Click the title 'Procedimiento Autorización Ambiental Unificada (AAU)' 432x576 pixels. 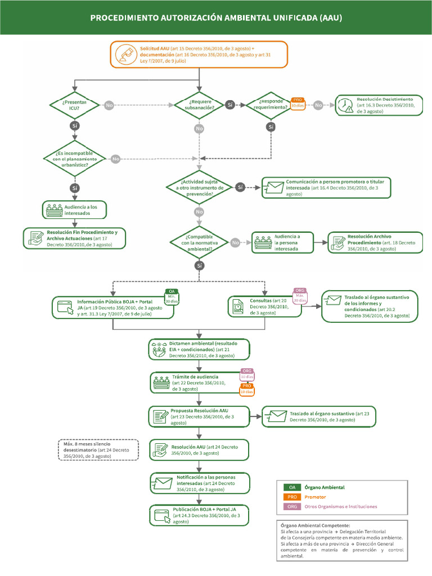[216, 18]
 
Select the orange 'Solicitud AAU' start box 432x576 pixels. [199, 55]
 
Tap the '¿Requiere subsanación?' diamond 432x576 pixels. [199, 105]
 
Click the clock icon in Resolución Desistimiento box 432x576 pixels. [344, 105]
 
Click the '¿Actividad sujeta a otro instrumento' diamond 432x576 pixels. [199, 186]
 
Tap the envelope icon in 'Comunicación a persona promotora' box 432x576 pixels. [274, 187]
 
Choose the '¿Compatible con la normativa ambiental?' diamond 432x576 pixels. [199, 242]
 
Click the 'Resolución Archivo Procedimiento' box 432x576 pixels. [375, 242]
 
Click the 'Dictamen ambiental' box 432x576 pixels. [199, 349]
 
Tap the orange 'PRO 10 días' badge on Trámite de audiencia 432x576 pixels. [247, 389]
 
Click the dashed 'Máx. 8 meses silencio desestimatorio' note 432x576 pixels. [98, 450]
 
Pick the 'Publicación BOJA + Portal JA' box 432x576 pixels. [199, 515]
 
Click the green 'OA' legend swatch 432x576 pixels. [291, 487]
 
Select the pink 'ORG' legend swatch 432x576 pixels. [291, 506]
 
